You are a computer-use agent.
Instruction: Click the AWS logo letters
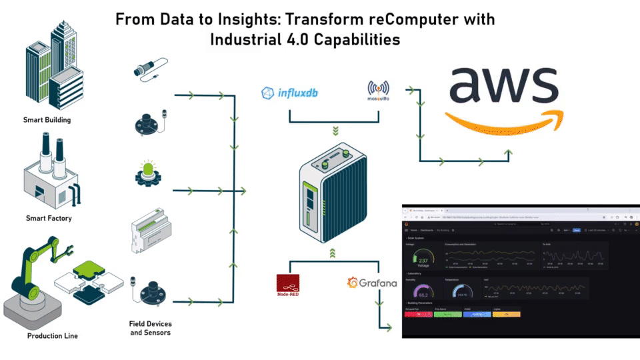503,84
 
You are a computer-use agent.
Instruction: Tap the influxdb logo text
290,93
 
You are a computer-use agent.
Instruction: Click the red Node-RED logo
287,285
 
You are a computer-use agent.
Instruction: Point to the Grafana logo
372,283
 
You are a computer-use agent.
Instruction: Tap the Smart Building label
47,120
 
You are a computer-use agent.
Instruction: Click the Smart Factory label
49,218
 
